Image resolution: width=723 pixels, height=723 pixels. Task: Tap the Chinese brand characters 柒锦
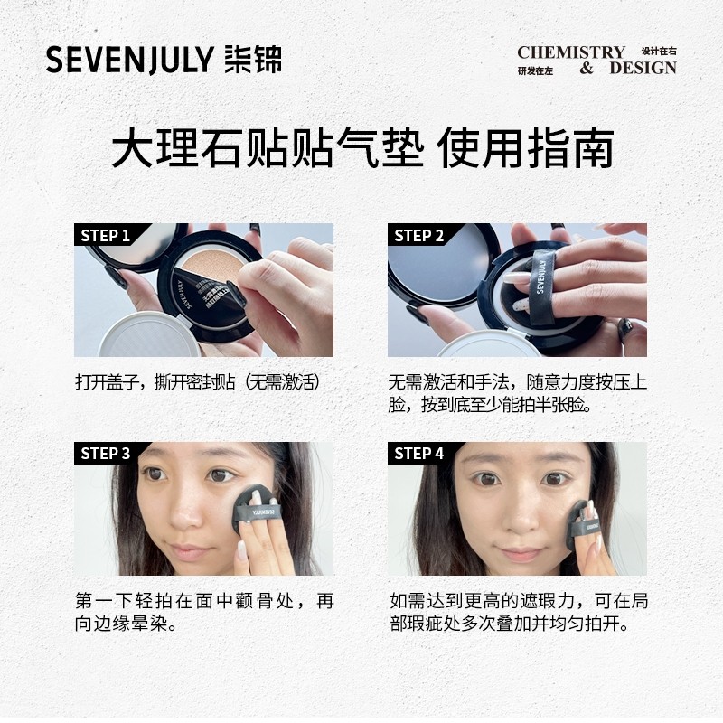[252, 60]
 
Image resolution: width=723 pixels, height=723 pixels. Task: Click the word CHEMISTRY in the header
[571, 52]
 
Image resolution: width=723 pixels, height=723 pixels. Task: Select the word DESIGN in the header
[643, 69]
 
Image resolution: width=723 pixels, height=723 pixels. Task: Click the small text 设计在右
[659, 52]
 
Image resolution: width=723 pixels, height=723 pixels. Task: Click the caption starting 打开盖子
[198, 382]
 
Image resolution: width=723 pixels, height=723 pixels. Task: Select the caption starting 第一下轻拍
[203, 612]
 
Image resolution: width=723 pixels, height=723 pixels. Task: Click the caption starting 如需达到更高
[518, 612]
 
